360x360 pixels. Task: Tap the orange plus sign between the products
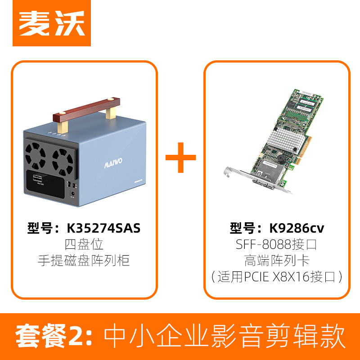click(180, 157)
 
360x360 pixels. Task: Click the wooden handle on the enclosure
click(86, 110)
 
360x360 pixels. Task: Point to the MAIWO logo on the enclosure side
click(108, 160)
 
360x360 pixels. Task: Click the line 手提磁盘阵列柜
click(84, 261)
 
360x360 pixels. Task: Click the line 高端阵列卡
click(276, 260)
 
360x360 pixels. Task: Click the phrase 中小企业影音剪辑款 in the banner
click(225, 336)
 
